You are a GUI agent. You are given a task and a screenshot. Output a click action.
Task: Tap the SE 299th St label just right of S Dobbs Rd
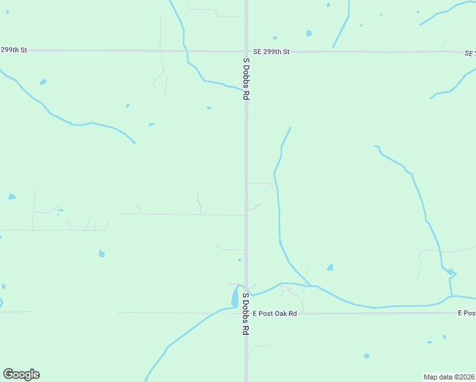tap(271, 52)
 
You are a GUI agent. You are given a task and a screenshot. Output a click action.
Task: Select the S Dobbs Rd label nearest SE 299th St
tap(246, 78)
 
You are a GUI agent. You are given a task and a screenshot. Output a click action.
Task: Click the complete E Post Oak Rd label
tap(275, 313)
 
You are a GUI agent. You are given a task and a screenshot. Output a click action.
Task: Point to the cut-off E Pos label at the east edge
tap(466, 313)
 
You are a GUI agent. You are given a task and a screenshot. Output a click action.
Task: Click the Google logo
tap(21, 374)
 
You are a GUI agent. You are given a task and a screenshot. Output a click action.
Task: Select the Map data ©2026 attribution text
tap(449, 376)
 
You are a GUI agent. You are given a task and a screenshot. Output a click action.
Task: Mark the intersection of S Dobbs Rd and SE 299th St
tap(247, 51)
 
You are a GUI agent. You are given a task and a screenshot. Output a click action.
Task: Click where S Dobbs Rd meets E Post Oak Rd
tap(247, 313)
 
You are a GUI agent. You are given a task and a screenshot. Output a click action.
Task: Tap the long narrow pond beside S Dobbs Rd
tap(235, 297)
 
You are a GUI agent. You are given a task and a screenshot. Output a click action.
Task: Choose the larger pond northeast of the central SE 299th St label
tap(309, 33)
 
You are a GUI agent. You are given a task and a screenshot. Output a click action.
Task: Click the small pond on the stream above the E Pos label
tap(451, 272)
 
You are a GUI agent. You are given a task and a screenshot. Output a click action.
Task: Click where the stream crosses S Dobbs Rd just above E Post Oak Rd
tap(247, 295)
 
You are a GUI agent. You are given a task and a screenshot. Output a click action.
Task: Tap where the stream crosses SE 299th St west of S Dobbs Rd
tap(185, 50)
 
